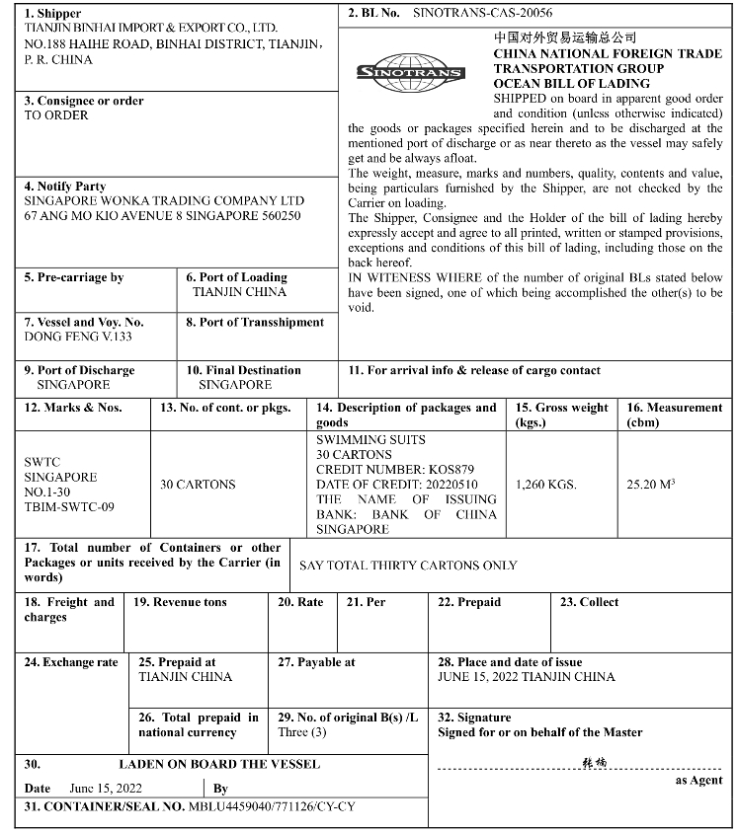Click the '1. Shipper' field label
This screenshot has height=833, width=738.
tap(53, 14)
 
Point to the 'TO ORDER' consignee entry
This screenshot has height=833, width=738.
tap(56, 115)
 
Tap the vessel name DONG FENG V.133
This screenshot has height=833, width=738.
tap(76, 337)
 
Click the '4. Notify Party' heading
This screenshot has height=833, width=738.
tap(64, 187)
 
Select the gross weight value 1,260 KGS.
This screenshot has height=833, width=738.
tap(546, 485)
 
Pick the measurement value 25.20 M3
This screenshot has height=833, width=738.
tap(651, 485)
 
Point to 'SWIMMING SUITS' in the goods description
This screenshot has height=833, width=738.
tap(370, 439)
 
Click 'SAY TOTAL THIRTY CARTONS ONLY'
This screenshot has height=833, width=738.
tap(408, 566)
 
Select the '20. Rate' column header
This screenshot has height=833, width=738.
tap(300, 602)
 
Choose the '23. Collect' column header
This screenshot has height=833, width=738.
tap(590, 602)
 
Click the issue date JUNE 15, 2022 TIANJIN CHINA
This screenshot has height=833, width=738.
tap(526, 677)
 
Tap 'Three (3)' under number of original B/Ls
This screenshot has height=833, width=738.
tap(302, 732)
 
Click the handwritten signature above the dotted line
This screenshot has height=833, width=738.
tap(595, 763)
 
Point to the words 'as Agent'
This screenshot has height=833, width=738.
tap(699, 780)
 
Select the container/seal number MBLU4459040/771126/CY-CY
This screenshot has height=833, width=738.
tap(272, 806)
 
